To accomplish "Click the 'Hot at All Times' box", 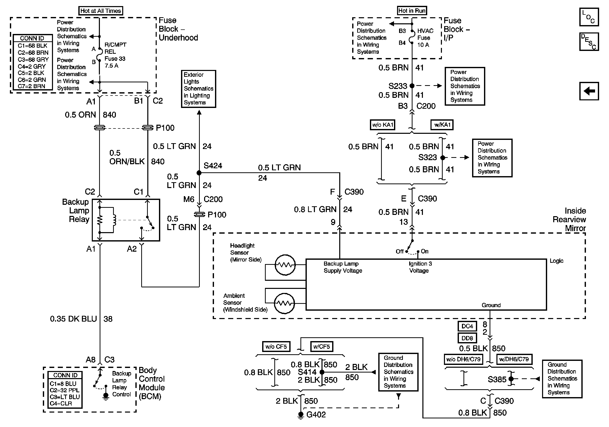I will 101,11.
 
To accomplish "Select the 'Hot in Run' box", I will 412,11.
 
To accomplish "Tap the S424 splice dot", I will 199,173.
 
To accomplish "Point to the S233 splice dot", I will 412,86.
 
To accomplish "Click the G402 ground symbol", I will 300,415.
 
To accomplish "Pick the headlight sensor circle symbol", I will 285,265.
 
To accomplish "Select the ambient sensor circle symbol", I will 284,303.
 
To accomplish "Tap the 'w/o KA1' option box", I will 383,125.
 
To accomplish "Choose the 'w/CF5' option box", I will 321,346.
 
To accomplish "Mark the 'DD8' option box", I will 467,338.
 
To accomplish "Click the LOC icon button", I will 589,17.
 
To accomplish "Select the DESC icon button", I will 589,42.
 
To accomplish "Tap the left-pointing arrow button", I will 589,91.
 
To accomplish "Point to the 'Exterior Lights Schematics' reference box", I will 199,89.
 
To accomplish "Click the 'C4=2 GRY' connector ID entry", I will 32,66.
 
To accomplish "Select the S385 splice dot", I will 511,379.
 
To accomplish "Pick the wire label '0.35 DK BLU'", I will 73,319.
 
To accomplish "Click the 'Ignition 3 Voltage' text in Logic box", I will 420,267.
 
